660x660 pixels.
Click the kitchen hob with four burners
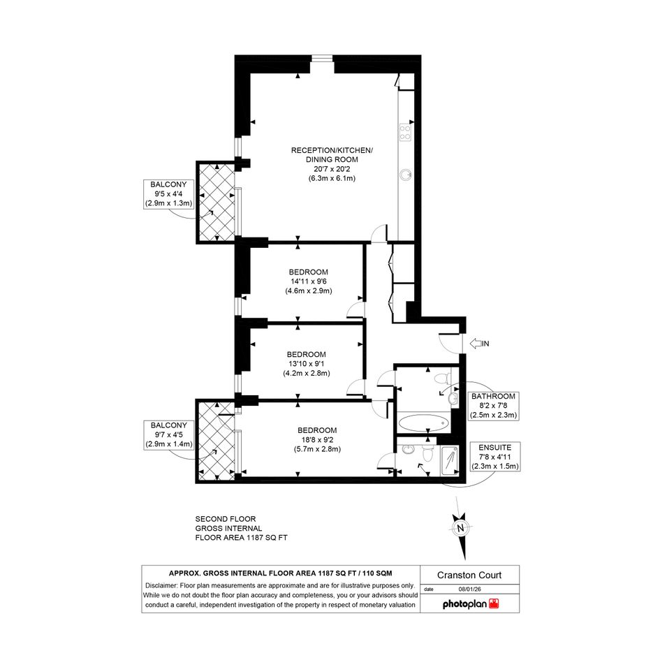pos(405,132)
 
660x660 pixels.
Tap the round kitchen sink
pos(406,175)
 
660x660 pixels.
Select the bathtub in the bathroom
pos(423,423)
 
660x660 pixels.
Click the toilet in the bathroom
pos(441,379)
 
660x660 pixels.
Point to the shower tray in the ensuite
pos(450,461)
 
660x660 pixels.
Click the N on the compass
pos(460,528)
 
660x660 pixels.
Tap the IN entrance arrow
pos(479,344)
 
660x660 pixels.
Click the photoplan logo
pos(471,604)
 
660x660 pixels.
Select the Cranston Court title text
pos(469,575)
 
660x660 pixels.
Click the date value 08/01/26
pos(470,589)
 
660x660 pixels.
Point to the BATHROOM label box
pos(493,406)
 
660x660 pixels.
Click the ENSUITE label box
pos(495,457)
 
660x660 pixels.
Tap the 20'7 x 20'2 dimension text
pos(332,169)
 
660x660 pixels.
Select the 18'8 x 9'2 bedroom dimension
pos(317,439)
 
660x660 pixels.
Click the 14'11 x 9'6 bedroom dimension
pos(309,281)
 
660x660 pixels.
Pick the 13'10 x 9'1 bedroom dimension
pos(307,364)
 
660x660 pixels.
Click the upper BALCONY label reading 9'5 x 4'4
pos(168,194)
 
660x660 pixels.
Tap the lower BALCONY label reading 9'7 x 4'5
pos(169,435)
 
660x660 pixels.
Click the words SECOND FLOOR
pos(225,519)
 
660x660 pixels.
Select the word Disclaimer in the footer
pos(161,585)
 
